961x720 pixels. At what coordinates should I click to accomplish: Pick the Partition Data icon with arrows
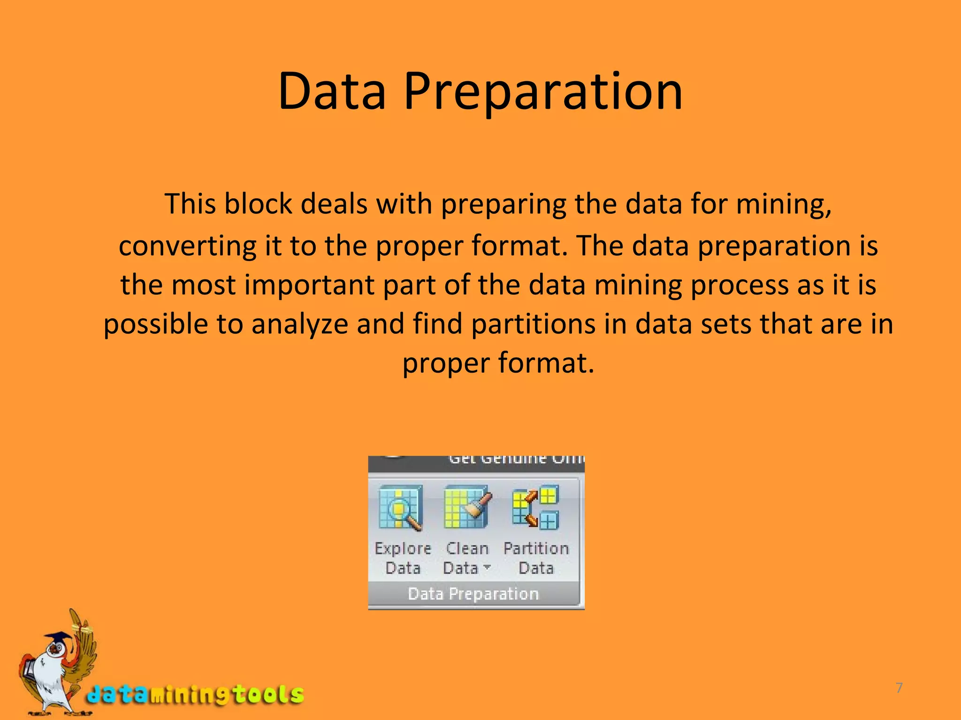point(535,507)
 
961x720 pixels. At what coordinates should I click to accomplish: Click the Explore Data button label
point(403,558)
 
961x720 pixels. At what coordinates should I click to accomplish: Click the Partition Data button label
point(536,558)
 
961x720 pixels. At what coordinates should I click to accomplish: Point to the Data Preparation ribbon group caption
point(473,594)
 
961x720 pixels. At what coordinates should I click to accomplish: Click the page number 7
point(899,688)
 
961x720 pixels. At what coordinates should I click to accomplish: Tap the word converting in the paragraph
point(188,246)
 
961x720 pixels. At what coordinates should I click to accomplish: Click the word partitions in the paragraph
point(533,324)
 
